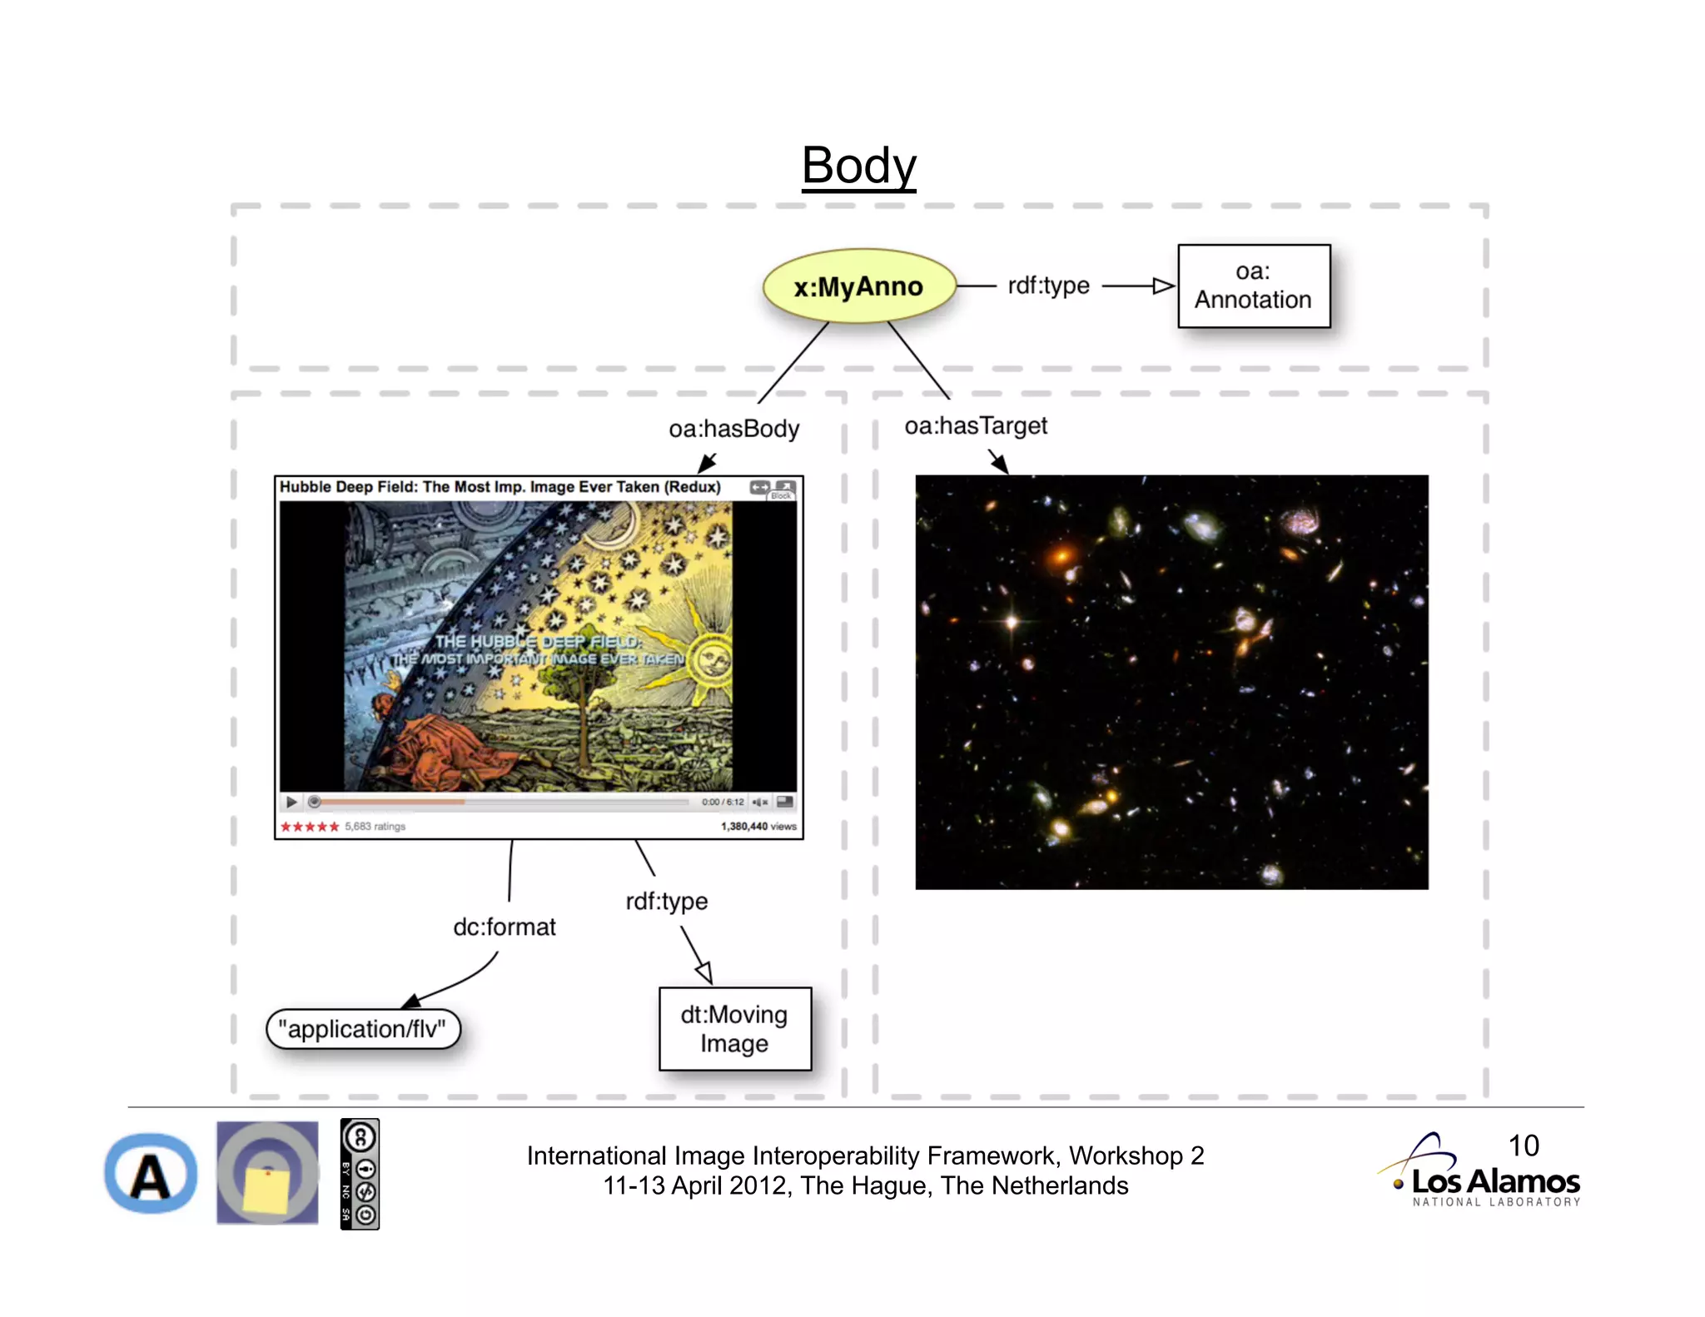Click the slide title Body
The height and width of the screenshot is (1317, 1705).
pos(858,166)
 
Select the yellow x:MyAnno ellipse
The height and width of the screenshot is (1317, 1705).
pos(858,286)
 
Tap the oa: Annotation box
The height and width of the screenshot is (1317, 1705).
pos(1253,286)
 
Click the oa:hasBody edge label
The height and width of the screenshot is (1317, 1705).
pos(733,429)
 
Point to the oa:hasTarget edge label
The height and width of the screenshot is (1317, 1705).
pos(976,426)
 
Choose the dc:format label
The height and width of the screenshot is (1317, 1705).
pos(504,927)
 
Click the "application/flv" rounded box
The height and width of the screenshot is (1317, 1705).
pos(362,1030)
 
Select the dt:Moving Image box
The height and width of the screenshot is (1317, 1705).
pos(734,1029)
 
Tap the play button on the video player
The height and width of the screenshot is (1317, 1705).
pos(291,802)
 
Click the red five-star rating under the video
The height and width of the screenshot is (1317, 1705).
pos(310,827)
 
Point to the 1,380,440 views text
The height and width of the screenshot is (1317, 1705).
pos(758,827)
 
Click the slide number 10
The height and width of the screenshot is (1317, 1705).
pos(1524,1146)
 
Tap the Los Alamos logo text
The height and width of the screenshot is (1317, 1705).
pos(1495,1181)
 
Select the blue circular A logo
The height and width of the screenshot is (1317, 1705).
pos(151,1174)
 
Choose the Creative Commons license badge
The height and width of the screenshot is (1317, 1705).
pos(360,1174)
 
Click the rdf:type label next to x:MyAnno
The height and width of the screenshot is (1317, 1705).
pos(1048,286)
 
